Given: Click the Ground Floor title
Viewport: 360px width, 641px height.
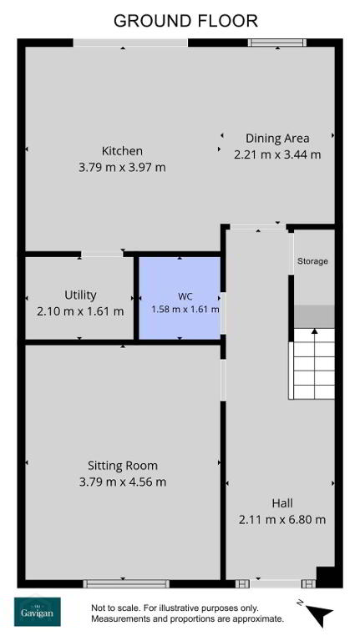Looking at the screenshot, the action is [x=185, y=20].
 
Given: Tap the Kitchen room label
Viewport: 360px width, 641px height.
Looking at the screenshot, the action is [x=122, y=151].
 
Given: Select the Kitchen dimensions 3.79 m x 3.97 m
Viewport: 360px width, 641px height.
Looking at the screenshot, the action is [x=122, y=167].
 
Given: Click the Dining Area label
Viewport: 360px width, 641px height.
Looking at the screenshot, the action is [x=277, y=139].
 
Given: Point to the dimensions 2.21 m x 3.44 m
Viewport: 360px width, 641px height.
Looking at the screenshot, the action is [x=277, y=154].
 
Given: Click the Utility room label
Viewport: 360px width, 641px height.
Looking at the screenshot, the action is [x=80, y=295].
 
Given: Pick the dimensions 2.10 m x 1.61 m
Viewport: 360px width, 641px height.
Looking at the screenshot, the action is [x=80, y=311].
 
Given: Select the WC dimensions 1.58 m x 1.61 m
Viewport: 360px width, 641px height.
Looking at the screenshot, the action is [x=185, y=310].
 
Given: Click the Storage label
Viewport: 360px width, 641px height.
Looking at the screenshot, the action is [x=312, y=260].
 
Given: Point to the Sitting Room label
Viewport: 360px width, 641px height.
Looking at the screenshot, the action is [x=122, y=466].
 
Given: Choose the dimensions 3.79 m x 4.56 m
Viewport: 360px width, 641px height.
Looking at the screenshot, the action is [x=122, y=482].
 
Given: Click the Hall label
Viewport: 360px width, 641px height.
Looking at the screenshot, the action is [x=282, y=502].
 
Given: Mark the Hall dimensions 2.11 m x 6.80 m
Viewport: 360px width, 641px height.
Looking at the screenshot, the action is [x=282, y=520].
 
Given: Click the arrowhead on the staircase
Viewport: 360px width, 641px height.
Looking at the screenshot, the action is [x=314, y=331].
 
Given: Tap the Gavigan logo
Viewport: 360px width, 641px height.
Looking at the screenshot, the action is [x=38, y=612].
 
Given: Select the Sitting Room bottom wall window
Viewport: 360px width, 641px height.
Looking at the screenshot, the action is [x=126, y=583].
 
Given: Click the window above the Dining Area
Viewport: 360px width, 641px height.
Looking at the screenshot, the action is [x=278, y=43].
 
